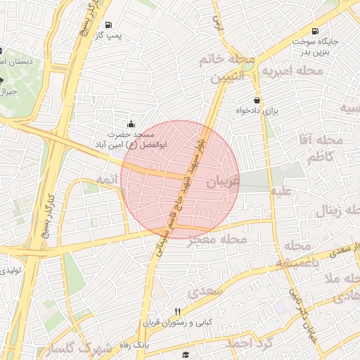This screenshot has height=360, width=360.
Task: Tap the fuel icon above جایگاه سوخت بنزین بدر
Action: pos(314,31)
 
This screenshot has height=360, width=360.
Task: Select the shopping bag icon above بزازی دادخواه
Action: pos(257,100)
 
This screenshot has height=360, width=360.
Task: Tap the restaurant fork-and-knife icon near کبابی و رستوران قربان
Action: pos(177,311)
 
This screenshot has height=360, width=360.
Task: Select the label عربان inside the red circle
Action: pos(223,181)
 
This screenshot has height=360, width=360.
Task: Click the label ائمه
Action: pos(105,181)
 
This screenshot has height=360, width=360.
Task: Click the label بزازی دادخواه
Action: pos(257,111)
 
